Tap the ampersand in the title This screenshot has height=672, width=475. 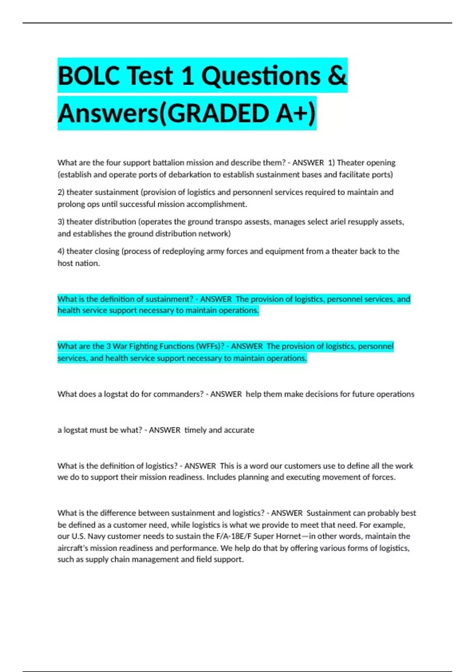point(337,76)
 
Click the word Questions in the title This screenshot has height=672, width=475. point(261,76)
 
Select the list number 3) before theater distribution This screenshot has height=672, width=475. point(61,222)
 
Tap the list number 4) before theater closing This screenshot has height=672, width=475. point(61,251)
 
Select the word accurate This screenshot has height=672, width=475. point(239,430)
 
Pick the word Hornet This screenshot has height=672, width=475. point(287,536)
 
